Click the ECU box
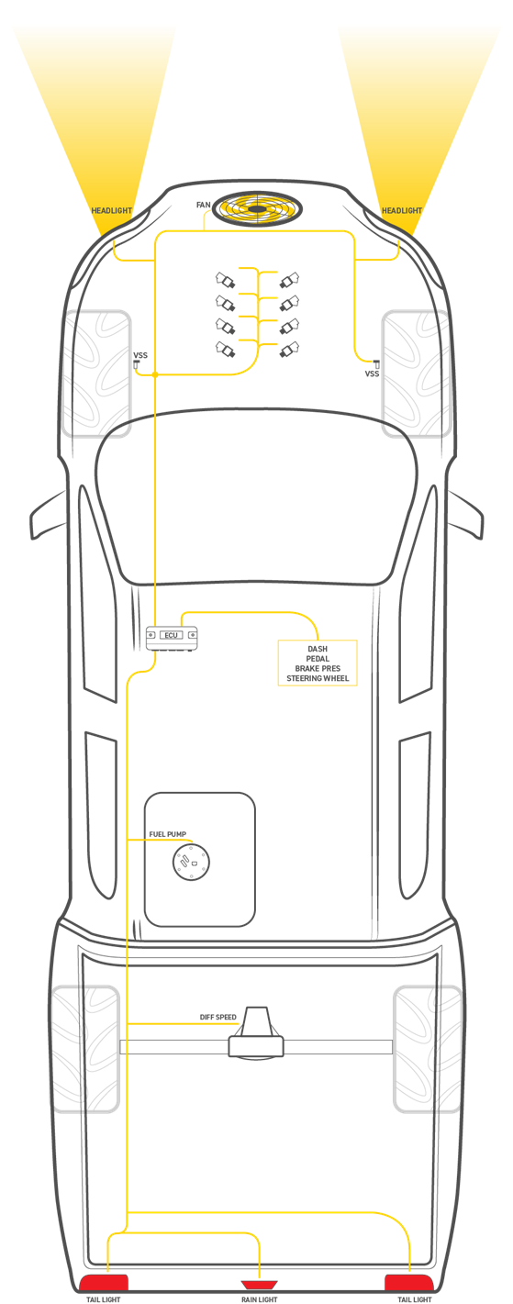click(x=172, y=638)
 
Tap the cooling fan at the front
click(x=257, y=207)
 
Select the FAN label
click(x=203, y=205)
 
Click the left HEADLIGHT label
click(x=112, y=211)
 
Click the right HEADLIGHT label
click(x=402, y=211)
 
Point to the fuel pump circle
click(x=191, y=862)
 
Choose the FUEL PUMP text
click(x=168, y=834)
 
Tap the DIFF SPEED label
click(x=218, y=1017)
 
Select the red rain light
click(x=260, y=1281)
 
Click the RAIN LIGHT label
click(x=260, y=1299)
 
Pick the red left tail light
click(x=104, y=1282)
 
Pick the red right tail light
click(x=408, y=1282)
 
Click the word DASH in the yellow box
click(x=318, y=649)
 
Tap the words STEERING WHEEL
click(x=318, y=678)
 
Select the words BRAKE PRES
click(x=318, y=668)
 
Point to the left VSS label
click(x=140, y=355)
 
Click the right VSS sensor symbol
click(x=375, y=363)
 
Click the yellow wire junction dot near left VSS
click(x=155, y=374)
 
